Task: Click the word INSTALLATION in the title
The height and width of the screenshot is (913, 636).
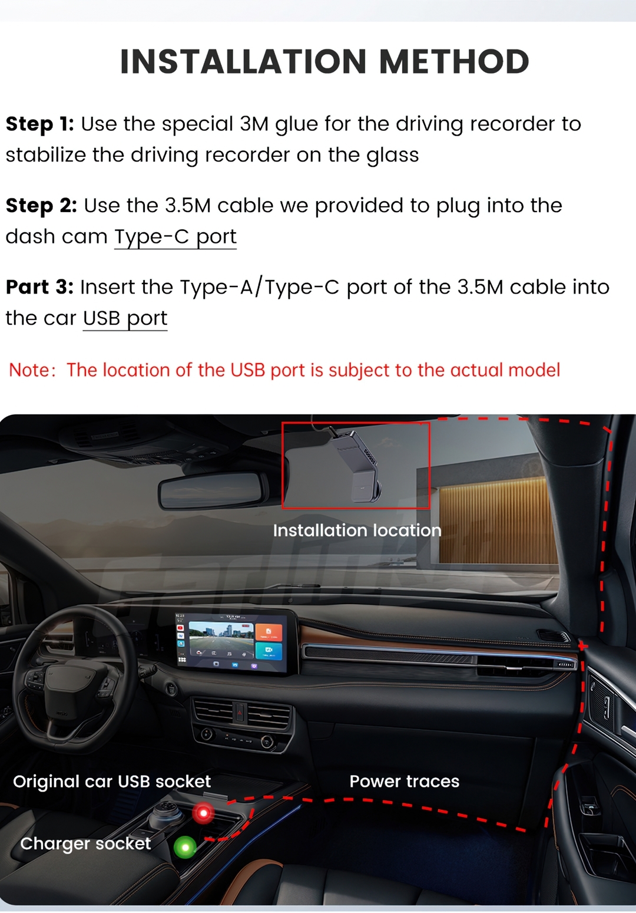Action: click(243, 61)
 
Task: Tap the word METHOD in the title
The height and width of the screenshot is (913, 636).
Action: click(454, 61)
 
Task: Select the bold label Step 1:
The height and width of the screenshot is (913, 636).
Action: click(39, 124)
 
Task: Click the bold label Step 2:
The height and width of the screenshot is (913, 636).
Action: click(41, 206)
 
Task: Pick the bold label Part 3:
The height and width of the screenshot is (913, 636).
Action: click(39, 287)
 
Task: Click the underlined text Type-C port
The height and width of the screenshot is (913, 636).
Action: click(175, 237)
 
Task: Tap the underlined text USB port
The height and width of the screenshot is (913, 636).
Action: click(125, 319)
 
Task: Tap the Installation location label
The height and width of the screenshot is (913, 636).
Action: click(357, 530)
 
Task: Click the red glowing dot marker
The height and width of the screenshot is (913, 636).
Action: click(203, 813)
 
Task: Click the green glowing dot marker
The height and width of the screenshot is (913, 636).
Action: click(185, 848)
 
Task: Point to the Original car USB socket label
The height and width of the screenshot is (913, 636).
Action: click(112, 782)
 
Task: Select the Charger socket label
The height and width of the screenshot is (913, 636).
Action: click(85, 843)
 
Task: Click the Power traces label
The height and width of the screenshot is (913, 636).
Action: click(405, 782)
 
